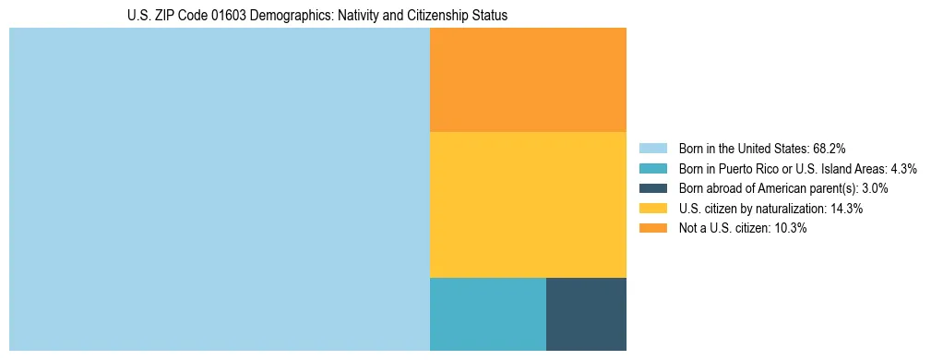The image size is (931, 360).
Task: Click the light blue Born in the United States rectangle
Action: click(x=220, y=189)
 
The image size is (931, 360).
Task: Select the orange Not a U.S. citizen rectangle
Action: click(x=528, y=80)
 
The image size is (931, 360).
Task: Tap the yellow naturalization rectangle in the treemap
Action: click(x=528, y=204)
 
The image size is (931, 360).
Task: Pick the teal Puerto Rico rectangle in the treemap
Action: click(x=488, y=314)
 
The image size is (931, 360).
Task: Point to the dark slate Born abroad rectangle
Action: click(x=586, y=314)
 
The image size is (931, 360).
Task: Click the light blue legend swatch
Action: click(x=652, y=148)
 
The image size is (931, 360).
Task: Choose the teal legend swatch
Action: click(x=652, y=168)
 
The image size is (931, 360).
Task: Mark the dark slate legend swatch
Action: click(x=652, y=188)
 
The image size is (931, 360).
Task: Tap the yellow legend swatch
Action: click(x=652, y=209)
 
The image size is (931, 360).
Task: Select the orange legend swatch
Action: click(x=652, y=228)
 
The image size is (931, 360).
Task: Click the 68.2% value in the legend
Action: click(x=830, y=148)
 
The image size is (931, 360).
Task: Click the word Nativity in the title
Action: click(x=350, y=16)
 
